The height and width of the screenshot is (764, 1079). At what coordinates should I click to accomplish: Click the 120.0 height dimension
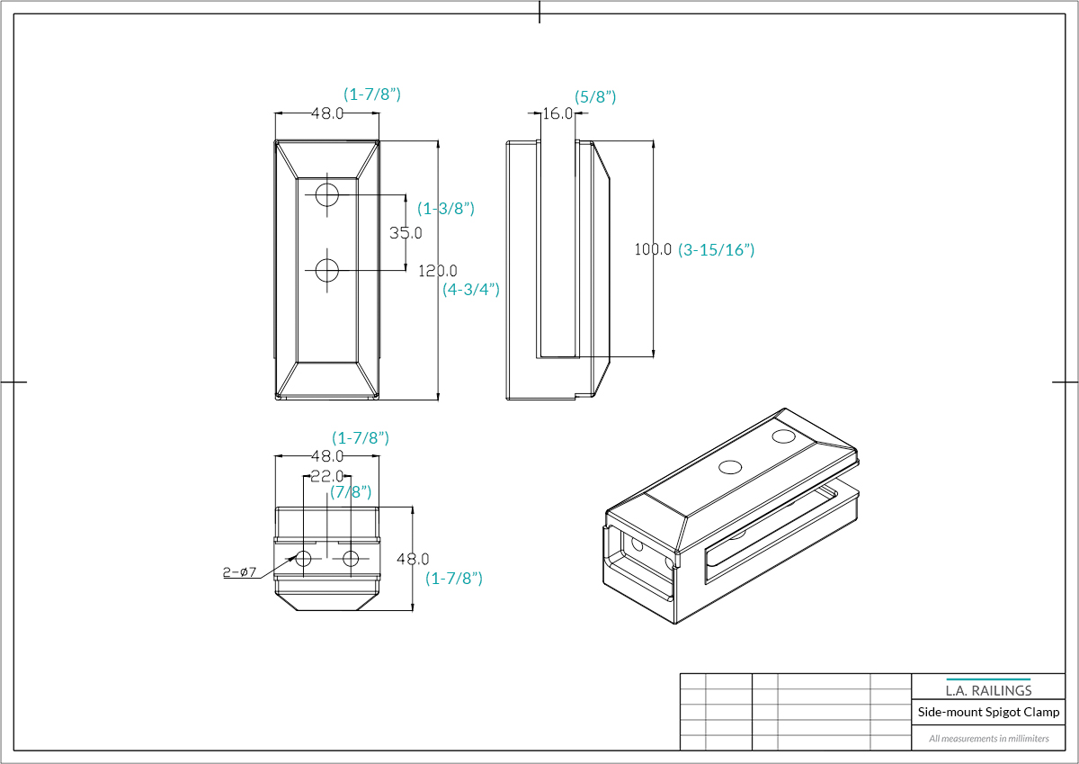(x=438, y=270)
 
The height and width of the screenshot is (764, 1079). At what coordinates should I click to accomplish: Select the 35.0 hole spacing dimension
(x=406, y=233)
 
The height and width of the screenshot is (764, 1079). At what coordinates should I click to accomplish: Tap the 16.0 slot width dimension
(x=557, y=113)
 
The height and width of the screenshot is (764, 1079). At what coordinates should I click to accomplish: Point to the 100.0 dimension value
(x=653, y=249)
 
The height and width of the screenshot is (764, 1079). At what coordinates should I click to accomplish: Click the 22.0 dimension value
(x=326, y=476)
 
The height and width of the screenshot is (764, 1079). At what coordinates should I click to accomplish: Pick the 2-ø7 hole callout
(x=240, y=571)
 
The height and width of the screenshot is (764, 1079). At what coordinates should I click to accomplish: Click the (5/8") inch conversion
(x=595, y=96)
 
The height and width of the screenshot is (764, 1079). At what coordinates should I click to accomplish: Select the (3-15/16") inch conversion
(x=716, y=250)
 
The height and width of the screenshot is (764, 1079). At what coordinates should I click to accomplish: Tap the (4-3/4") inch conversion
(x=471, y=290)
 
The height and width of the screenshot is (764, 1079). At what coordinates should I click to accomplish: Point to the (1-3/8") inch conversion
(x=446, y=209)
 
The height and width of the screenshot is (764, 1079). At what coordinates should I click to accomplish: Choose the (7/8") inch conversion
(x=351, y=492)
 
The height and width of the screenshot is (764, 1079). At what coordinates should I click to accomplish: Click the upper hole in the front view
(x=326, y=194)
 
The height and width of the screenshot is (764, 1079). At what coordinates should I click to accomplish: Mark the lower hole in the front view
(x=326, y=269)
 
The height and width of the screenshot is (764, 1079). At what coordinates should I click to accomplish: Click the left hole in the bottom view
(x=303, y=558)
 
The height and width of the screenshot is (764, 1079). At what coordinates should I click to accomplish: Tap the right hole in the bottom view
(x=350, y=558)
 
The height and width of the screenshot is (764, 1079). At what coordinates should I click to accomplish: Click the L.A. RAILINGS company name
(x=988, y=690)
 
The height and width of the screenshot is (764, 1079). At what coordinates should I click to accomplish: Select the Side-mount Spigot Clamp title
(x=988, y=712)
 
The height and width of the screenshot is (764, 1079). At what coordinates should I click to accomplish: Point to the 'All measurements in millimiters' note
(x=988, y=739)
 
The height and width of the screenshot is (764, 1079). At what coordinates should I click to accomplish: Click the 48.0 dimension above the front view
(x=327, y=113)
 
